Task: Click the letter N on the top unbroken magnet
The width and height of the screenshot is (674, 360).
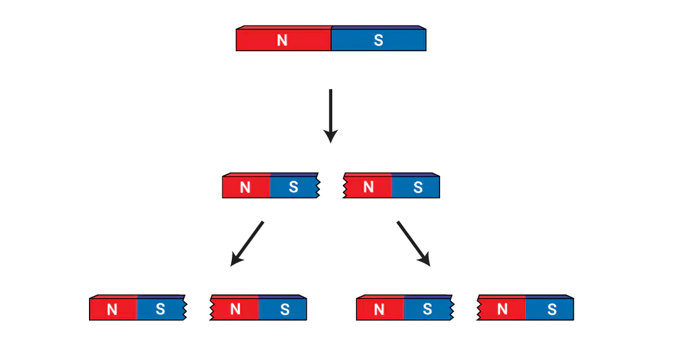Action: coord(282,40)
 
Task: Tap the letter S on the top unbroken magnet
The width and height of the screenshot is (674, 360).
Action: coord(378,40)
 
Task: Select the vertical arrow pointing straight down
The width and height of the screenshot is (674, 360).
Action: coord(330,116)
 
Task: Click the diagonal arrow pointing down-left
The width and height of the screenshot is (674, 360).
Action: coord(247,243)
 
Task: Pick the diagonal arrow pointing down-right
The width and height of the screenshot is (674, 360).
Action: coord(414,243)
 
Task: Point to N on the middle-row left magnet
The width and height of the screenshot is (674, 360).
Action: coord(245,187)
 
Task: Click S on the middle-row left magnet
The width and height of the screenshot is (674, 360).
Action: coord(293,187)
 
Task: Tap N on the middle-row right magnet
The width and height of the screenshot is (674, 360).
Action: coord(369,187)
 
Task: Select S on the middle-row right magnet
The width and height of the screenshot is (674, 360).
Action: coord(418,187)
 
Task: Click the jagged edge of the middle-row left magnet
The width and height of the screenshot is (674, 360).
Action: coord(317,186)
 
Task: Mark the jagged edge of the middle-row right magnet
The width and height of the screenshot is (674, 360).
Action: coord(344,186)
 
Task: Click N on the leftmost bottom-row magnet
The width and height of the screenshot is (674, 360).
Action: coord(112,309)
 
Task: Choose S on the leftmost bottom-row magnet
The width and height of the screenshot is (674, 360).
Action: coord(160,309)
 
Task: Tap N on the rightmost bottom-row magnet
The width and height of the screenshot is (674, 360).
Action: coord(502,309)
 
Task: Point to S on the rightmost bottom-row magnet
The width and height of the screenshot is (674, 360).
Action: coord(552,309)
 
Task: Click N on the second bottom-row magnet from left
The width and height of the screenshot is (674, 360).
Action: coord(235,309)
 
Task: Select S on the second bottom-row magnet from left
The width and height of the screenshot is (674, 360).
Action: coord(284,309)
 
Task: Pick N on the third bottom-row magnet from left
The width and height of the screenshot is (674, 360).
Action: coord(379,309)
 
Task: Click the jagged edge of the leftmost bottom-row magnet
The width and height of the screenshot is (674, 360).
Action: coord(185,308)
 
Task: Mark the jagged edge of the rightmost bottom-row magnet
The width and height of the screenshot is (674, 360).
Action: coord(479,308)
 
